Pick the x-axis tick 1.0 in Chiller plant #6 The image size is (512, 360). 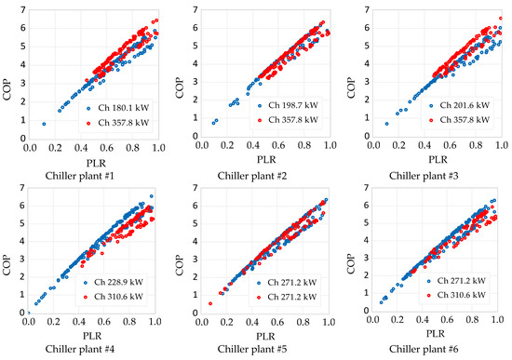coord(501,324)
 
